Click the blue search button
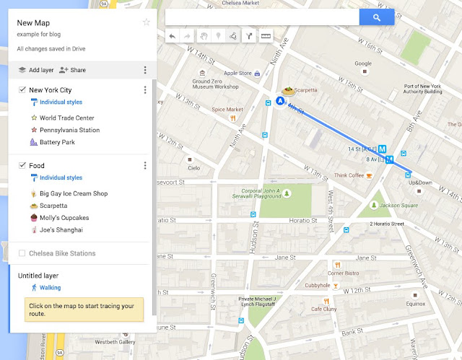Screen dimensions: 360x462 (x=376, y=17)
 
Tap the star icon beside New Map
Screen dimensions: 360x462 (x=147, y=22)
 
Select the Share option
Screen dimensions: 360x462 (x=72, y=70)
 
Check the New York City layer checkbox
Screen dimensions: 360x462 (x=22, y=90)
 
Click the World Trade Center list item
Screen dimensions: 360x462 (x=66, y=118)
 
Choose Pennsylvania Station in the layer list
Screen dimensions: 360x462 (x=69, y=130)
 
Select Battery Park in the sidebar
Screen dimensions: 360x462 (x=57, y=142)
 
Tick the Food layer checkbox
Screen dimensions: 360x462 (x=22, y=166)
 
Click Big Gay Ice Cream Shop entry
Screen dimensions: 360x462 (x=73, y=193)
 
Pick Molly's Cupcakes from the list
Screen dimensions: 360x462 (x=64, y=218)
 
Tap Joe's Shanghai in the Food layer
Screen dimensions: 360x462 (x=61, y=230)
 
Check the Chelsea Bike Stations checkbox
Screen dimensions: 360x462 (x=22, y=253)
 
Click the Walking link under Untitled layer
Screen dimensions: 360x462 (x=50, y=287)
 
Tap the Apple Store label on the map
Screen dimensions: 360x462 (x=237, y=74)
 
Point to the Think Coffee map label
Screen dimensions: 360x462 (x=349, y=175)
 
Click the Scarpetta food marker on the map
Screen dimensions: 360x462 (x=288, y=92)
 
